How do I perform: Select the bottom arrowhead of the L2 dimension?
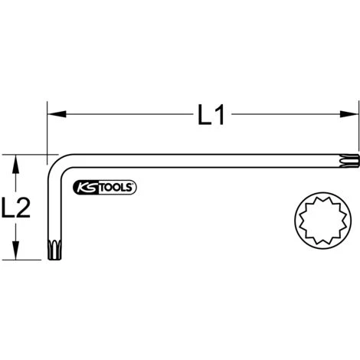[14, 254]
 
